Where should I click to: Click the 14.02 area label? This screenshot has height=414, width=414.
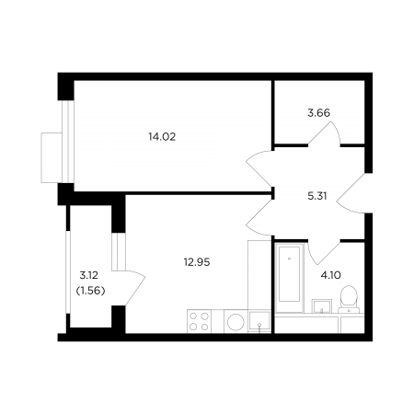point(162,137)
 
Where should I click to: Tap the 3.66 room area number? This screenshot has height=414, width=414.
point(318,113)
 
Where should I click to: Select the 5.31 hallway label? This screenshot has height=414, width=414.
point(317,196)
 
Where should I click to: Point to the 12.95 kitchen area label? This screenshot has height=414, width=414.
point(197,262)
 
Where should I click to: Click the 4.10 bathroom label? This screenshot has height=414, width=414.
point(330,275)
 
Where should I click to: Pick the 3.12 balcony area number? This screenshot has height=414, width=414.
point(88,275)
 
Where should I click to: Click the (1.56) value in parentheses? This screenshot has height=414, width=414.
point(90,291)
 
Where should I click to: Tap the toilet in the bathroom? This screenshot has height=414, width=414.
point(349,299)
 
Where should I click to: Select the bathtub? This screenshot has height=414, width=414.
point(289,278)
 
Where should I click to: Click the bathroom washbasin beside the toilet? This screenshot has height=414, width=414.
point(322,306)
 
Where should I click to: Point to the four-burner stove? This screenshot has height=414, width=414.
point(199,321)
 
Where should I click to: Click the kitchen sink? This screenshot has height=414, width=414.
point(259,322)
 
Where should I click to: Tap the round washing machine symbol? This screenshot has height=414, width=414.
point(236,322)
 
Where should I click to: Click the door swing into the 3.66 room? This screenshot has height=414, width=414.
point(325,133)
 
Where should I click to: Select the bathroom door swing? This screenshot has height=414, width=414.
point(324,252)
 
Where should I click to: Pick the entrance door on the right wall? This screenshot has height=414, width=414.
point(351,193)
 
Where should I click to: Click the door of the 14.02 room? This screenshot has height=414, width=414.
point(259,169)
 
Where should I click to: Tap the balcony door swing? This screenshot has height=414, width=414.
point(135,288)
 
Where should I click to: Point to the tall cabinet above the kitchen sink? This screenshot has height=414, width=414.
point(259,275)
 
